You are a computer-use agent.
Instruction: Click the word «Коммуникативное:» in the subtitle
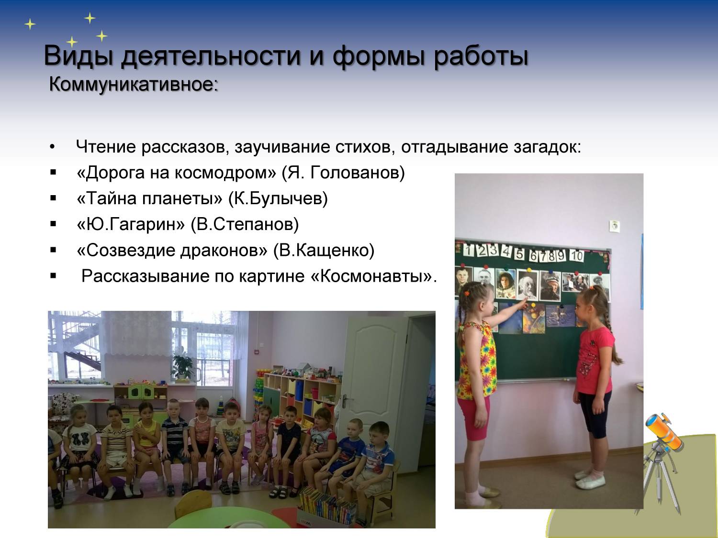(134, 84)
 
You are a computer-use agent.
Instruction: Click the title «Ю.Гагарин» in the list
(131, 224)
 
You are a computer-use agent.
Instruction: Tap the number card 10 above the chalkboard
(576, 256)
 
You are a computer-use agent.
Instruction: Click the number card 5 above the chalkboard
(520, 254)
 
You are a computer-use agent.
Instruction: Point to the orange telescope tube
(664, 431)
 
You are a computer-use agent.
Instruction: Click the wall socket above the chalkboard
(615, 226)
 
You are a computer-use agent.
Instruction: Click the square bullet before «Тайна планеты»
(53, 198)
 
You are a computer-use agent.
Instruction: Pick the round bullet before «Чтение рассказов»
(52, 147)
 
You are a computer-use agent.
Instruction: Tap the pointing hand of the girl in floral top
(523, 305)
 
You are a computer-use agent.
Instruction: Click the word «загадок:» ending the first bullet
(547, 147)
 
